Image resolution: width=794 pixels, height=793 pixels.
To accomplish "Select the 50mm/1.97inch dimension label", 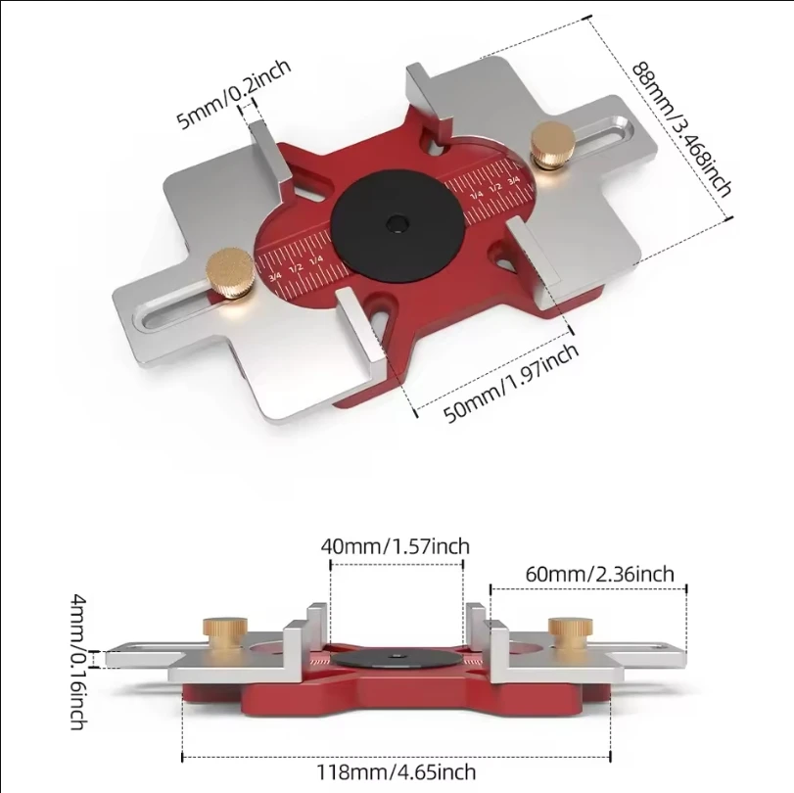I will (x=511, y=382).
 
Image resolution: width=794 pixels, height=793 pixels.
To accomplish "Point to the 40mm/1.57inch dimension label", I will (x=396, y=545).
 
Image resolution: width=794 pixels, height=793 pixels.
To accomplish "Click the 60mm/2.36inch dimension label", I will (x=599, y=574).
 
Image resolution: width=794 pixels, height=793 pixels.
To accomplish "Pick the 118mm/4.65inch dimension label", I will (x=396, y=772).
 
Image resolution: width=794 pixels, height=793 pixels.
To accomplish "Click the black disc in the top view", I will (x=397, y=224).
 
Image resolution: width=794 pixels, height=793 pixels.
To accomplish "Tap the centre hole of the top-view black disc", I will (x=397, y=224).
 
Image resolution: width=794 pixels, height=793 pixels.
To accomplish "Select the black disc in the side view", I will (x=396, y=661).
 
